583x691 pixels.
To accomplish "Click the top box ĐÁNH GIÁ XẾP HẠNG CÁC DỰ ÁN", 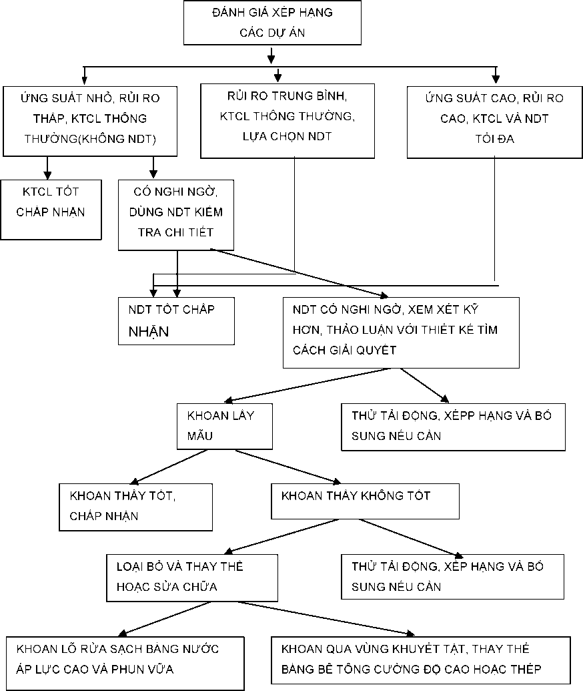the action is coord(272,23).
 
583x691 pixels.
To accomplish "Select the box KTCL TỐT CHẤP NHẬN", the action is coord(51,210).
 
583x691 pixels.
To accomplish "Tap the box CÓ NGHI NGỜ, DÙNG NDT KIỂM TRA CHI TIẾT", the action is coord(176,215).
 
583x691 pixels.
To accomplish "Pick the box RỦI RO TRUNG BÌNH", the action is coord(287,121).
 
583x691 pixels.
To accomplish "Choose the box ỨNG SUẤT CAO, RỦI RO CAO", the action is coord(494,122).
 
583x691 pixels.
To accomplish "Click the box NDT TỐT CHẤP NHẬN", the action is coord(176,321).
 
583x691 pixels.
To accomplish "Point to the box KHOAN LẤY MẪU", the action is coord(225,427).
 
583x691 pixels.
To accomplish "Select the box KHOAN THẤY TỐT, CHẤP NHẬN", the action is coord(135,507).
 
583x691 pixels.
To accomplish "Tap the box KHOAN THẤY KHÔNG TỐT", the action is coord(365,501).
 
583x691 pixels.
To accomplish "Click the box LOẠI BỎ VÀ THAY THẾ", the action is coord(192,578).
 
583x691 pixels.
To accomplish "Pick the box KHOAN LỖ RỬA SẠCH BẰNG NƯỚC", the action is coord(125,663).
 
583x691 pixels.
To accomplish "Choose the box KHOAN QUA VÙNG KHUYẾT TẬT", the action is coord(420,660).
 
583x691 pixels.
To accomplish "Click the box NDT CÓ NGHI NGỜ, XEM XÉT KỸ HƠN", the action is coord(401,332).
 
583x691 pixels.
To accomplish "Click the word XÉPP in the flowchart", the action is coord(460,415).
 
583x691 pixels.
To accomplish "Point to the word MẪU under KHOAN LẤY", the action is coord(200,436).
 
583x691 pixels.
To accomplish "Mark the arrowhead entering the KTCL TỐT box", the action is coord(47,176).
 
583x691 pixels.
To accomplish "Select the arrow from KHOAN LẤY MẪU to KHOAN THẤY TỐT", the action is coord(169,467).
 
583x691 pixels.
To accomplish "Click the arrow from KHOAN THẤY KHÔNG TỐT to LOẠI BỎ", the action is coord(281,536).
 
